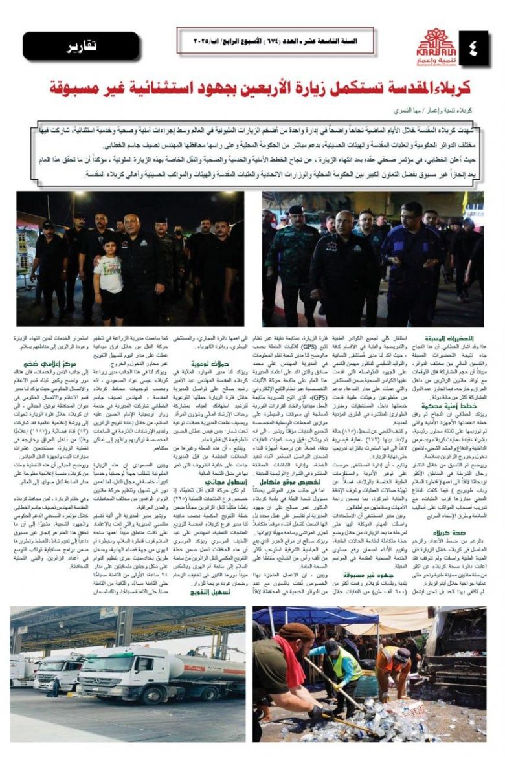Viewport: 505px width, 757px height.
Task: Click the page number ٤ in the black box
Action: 473,47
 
